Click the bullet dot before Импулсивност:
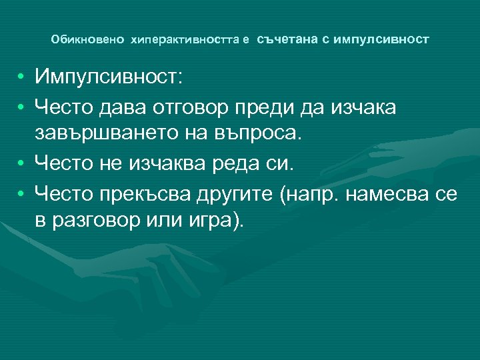pyautogui.click(x=22, y=77)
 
